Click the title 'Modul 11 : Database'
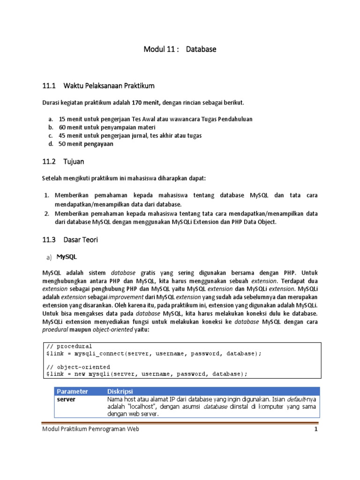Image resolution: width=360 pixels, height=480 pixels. [x=180, y=49]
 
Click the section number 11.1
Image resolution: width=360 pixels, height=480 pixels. [x=49, y=86]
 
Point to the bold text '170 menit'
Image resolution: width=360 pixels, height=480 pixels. [x=146, y=102]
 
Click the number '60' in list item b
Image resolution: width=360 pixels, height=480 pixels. [x=62, y=127]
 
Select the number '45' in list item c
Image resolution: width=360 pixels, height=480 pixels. [x=62, y=136]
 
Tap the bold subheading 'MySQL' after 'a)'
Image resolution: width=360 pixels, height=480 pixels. [x=67, y=257]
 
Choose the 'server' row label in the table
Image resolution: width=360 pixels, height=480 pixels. [x=66, y=399]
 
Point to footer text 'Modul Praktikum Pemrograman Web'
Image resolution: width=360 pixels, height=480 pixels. [x=90, y=429]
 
